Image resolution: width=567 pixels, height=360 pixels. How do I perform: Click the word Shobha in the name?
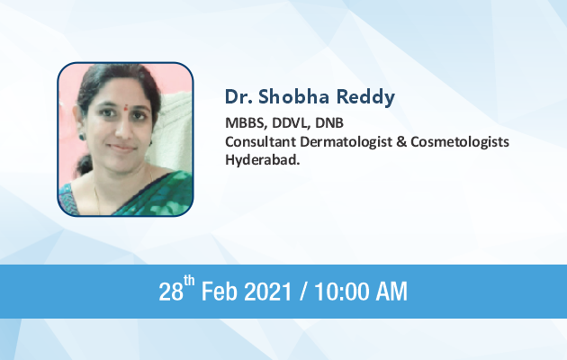coord(293,96)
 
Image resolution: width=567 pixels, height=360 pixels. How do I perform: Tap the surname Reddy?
coord(365,97)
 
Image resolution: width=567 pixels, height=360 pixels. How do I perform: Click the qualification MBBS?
coord(246,123)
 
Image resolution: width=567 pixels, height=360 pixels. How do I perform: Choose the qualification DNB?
coord(329,123)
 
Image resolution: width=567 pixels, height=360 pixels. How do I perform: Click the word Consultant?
coord(260,141)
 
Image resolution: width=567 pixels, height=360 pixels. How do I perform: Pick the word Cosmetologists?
coord(460,142)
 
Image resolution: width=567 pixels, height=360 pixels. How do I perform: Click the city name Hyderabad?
coord(263,160)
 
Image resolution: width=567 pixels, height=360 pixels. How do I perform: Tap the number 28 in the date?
coord(171,292)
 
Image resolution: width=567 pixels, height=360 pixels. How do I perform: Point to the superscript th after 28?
coord(189,281)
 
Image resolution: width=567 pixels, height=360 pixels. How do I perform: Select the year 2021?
coord(268,292)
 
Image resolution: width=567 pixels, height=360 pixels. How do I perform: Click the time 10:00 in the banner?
coord(343,292)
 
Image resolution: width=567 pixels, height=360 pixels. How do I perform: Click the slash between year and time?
coord(304,292)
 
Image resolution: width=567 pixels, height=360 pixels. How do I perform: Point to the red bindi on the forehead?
coord(125,107)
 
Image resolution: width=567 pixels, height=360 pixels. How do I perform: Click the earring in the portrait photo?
coord(83,136)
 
